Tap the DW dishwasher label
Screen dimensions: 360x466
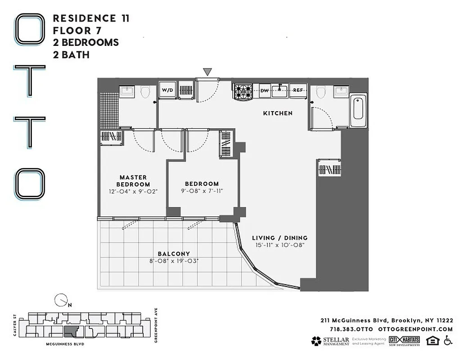tap(265, 90)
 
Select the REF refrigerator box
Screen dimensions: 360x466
tap(298, 90)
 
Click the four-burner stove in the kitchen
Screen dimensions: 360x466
tap(244, 91)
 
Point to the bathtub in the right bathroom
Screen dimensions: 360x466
tap(358, 109)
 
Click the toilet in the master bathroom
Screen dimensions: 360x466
tap(145, 92)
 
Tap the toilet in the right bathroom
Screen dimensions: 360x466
tap(321, 92)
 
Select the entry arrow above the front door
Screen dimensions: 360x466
tap(207, 72)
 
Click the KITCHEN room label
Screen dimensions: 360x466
tap(278, 113)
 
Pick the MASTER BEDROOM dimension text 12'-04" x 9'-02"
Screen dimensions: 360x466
tap(133, 192)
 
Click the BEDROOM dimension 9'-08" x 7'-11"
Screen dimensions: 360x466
tap(202, 191)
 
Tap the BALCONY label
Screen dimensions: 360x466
tap(174, 254)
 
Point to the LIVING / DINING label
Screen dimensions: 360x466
tap(279, 238)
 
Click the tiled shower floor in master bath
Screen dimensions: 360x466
tap(109, 110)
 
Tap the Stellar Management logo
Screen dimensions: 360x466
tap(330, 341)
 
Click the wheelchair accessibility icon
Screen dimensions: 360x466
tap(448, 341)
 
